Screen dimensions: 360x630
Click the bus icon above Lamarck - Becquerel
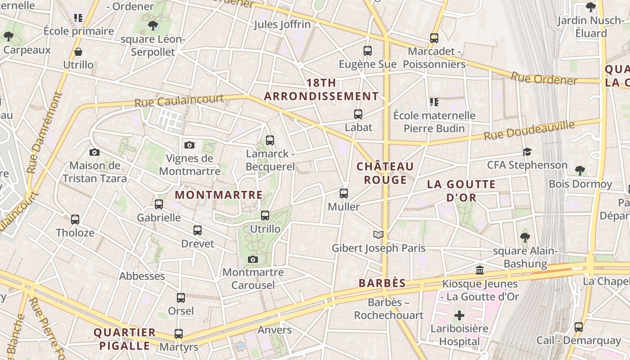[270, 140]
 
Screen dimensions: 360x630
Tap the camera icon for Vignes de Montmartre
[189, 145]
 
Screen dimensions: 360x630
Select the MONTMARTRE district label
[219, 195]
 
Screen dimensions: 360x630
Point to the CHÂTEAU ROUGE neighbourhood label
[385, 173]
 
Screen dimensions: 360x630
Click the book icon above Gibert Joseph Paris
[378, 234]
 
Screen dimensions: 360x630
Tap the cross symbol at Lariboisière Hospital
[459, 315]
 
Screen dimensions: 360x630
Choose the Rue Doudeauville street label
[529, 130]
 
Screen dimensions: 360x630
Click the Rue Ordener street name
[544, 79]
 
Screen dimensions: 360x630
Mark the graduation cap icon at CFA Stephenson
[527, 152]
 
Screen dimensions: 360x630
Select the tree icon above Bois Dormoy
[580, 171]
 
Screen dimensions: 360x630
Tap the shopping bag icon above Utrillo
[78, 52]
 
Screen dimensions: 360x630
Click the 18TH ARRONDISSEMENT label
[321, 90]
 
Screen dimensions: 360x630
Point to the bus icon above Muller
[344, 193]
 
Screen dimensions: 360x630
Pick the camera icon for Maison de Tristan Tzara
[94, 152]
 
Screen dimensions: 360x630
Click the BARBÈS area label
[382, 283]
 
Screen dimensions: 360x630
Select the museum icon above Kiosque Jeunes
[480, 270]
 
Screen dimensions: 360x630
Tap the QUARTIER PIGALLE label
[124, 339]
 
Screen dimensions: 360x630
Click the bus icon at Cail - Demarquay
[579, 327]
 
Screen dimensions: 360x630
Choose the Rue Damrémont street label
[44, 133]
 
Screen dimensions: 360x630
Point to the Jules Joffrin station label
[282, 24]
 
